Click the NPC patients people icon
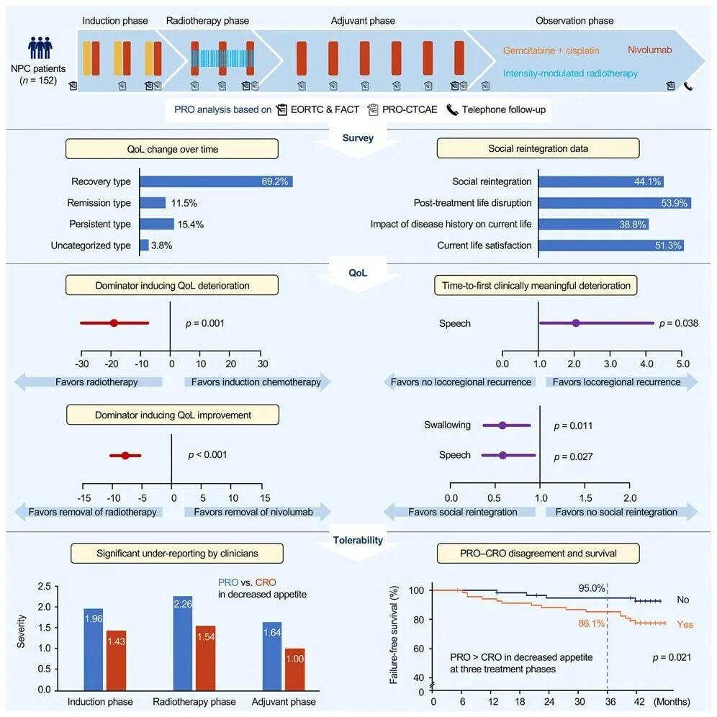(x=40, y=48)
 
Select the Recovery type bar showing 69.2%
(x=216, y=181)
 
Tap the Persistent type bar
(x=157, y=224)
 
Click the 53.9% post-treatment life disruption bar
(x=615, y=203)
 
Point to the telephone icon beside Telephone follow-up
(x=452, y=110)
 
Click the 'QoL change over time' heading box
(x=172, y=148)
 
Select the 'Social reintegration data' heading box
(x=538, y=148)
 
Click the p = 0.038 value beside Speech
(x=679, y=323)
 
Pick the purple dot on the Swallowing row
(x=502, y=425)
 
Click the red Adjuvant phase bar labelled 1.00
(x=294, y=669)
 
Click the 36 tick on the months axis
(x=607, y=702)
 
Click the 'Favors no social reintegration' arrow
(x=618, y=512)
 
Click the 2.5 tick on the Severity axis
(x=47, y=585)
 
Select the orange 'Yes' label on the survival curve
(x=685, y=624)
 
